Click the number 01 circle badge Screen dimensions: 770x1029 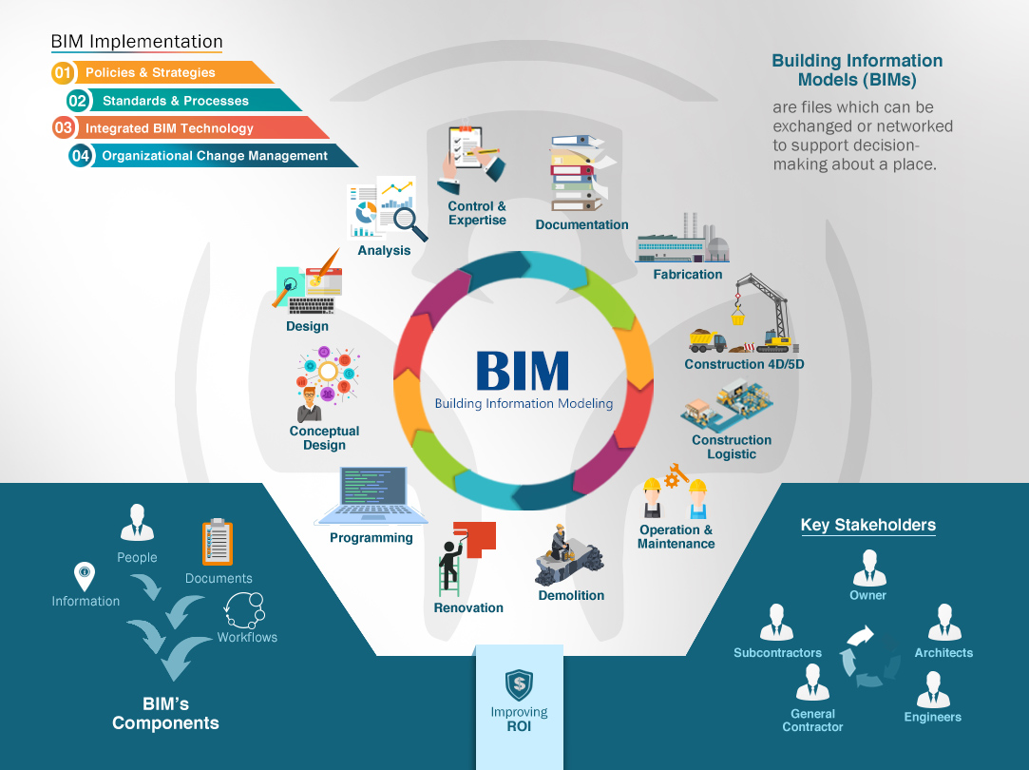coord(63,72)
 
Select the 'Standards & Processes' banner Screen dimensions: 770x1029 coord(176,101)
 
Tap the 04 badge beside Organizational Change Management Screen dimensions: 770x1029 coord(80,156)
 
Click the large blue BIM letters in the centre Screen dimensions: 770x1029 coord(523,371)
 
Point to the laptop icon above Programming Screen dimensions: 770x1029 coord(365,496)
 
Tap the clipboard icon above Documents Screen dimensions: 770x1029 coord(218,543)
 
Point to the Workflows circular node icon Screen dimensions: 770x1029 coord(245,608)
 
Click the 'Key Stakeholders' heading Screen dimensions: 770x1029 coord(867,525)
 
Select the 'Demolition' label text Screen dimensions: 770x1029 coord(571,595)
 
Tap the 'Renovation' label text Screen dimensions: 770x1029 coord(468,607)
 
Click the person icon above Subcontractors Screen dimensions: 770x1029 coord(777,624)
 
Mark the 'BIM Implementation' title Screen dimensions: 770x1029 coord(137,42)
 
